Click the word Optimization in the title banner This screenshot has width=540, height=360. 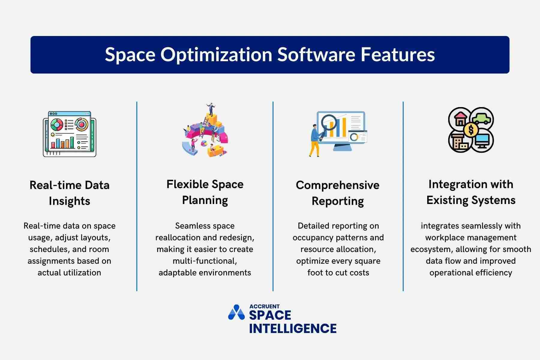pos(216,55)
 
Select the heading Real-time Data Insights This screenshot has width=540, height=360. pos(69,193)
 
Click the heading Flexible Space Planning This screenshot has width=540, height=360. pos(205,192)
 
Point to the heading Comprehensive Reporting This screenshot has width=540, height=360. pos(337,193)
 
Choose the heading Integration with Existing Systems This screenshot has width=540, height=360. pos(471,192)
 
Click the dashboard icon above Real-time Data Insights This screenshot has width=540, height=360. pos(70,134)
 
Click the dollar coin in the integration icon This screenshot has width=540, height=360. pos(471,130)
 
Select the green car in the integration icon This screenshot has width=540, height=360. pos(482,118)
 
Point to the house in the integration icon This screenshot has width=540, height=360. pos(460,119)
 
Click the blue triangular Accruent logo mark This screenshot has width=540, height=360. pos(236,313)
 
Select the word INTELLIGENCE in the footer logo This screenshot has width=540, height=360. pos(292,328)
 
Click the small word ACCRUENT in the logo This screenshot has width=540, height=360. pos(264,306)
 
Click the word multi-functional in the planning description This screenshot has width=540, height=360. pos(205,261)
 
